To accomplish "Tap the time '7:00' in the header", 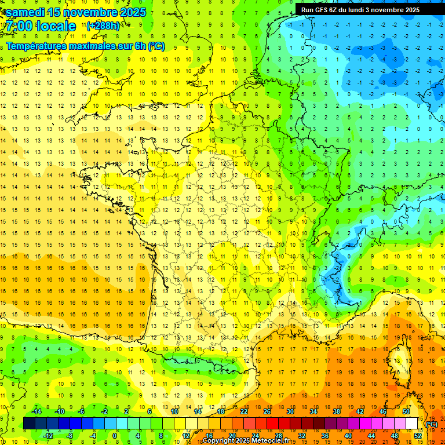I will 19,26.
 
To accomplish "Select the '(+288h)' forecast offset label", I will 103,26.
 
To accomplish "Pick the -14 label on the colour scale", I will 36,411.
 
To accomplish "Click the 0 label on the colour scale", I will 115,436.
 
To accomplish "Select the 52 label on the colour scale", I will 418,436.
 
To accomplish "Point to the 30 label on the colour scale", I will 290,411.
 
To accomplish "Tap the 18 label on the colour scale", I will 221,411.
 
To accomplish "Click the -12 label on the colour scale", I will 48,436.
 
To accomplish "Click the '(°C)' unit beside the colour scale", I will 432,424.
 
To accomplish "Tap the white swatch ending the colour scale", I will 412,423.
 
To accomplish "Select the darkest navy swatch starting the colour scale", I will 29,423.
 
